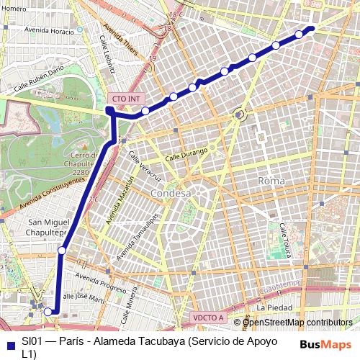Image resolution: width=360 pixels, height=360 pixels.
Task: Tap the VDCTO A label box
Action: [209, 317]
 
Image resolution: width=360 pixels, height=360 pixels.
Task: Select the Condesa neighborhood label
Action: [171, 194]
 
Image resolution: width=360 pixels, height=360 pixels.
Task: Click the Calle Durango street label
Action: [186, 154]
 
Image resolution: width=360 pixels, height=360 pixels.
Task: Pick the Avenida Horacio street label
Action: [49, 31]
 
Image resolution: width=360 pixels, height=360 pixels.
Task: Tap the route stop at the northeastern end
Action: [312, 29]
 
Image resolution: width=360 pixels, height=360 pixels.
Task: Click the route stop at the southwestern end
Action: [48, 311]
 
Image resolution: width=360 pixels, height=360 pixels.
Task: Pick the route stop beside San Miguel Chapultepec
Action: [63, 250]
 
